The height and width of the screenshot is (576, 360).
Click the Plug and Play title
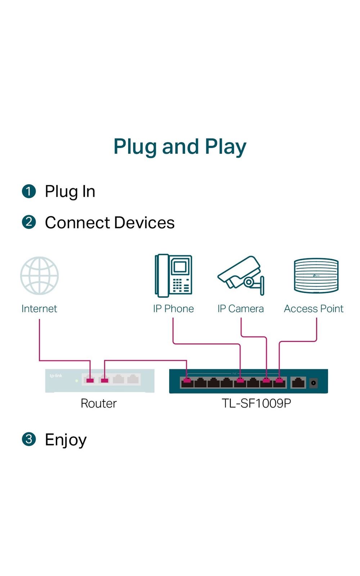click(180, 147)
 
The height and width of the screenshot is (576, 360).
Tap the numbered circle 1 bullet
click(29, 191)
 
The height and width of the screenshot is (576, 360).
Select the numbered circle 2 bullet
click(29, 222)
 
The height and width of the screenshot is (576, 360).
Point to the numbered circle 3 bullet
click(29, 439)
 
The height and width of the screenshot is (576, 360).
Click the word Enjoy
click(66, 440)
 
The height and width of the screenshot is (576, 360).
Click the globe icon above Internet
click(39, 276)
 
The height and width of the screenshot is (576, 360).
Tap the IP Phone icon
click(173, 276)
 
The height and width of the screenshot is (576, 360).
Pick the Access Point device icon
click(316, 276)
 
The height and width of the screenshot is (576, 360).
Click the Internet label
click(39, 309)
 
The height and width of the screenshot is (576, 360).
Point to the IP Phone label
click(173, 309)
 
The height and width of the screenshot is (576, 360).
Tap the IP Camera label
click(240, 309)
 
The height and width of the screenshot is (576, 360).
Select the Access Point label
click(314, 309)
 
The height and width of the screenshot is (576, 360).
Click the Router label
click(99, 403)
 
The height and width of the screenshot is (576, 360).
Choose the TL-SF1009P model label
click(256, 403)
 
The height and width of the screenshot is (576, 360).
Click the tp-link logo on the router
click(56, 375)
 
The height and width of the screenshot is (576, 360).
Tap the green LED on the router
click(77, 381)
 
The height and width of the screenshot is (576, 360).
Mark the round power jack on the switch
click(314, 383)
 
